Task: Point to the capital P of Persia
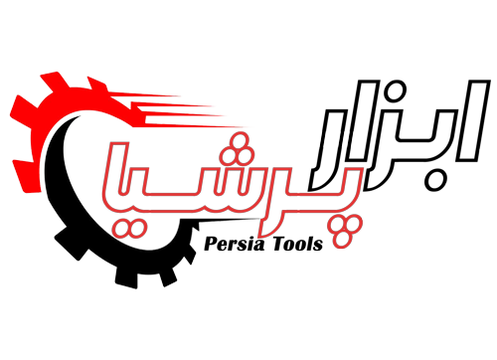[x=211, y=244]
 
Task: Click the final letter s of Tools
[x=318, y=246]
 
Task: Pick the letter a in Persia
[x=259, y=246]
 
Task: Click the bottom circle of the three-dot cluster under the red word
[x=342, y=240]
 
